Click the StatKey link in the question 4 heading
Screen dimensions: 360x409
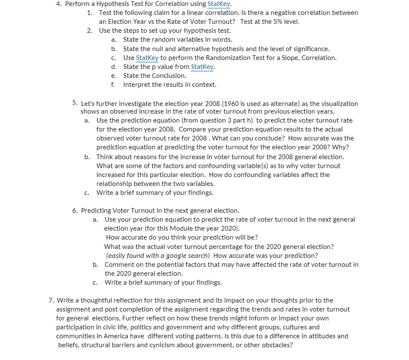[219, 4]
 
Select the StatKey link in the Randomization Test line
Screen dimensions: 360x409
[147, 58]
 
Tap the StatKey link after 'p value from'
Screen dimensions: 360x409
[202, 67]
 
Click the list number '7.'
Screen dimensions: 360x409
[52, 300]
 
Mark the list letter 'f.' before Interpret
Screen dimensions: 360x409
[113, 85]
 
